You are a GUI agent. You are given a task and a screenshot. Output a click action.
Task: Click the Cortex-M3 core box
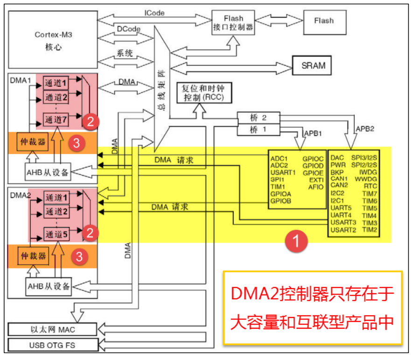pos(54,41)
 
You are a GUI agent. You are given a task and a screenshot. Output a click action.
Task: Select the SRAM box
pos(313,65)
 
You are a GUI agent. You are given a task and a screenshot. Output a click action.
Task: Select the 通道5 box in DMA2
pos(56,234)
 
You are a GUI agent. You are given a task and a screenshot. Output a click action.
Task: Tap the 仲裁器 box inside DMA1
pos(32,142)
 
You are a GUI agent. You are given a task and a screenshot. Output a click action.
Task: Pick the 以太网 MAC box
pos(51,329)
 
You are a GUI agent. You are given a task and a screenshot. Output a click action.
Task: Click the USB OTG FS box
pos(51,346)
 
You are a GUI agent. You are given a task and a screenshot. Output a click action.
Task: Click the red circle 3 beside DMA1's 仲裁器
pos(78,144)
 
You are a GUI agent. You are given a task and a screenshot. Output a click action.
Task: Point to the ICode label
pos(155,13)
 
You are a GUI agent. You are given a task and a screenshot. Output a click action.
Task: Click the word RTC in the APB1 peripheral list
pos(371,186)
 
